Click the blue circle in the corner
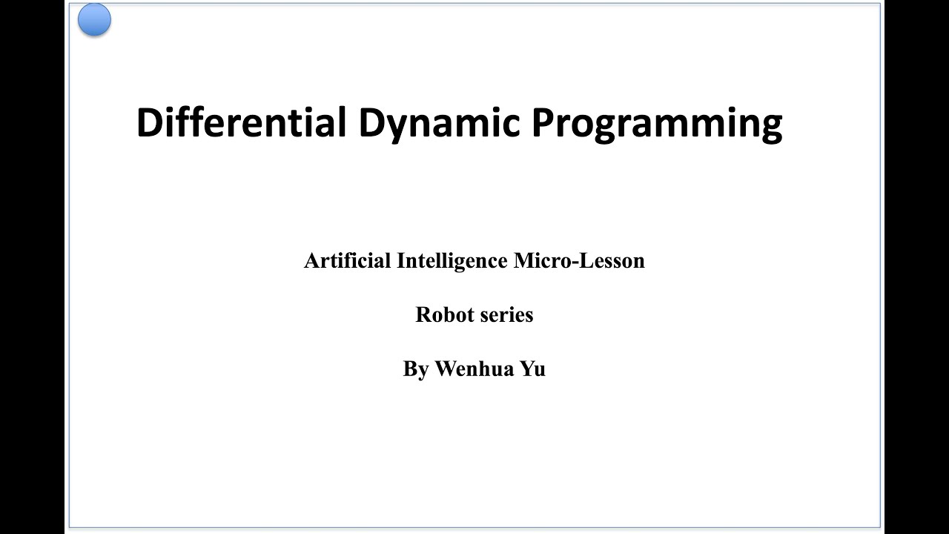(x=94, y=19)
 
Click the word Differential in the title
(x=241, y=122)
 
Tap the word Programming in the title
(x=656, y=124)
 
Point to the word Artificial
(x=347, y=261)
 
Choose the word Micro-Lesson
(x=579, y=261)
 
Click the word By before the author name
(x=416, y=369)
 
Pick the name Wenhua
(x=474, y=369)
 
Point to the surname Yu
(x=532, y=369)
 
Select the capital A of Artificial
(x=311, y=261)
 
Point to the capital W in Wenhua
(x=446, y=369)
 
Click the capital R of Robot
(x=423, y=314)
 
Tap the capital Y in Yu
(x=526, y=369)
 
